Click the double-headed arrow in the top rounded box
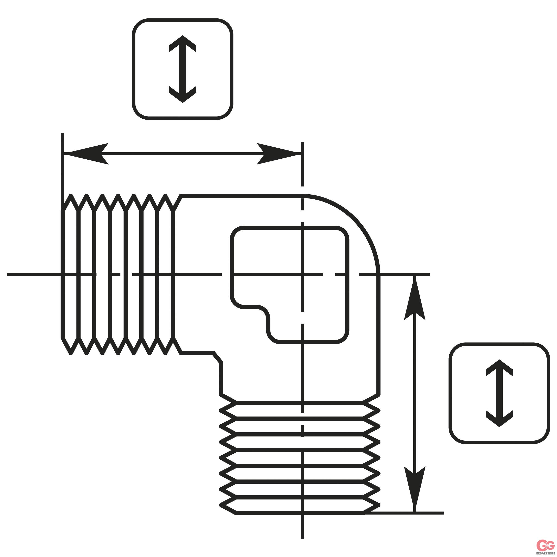point(183,69)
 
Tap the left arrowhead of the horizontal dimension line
point(86,154)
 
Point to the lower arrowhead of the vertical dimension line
point(415,489)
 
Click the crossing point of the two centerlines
point(302,274)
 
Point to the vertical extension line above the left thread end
point(63,172)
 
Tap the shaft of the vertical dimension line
point(415,393)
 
